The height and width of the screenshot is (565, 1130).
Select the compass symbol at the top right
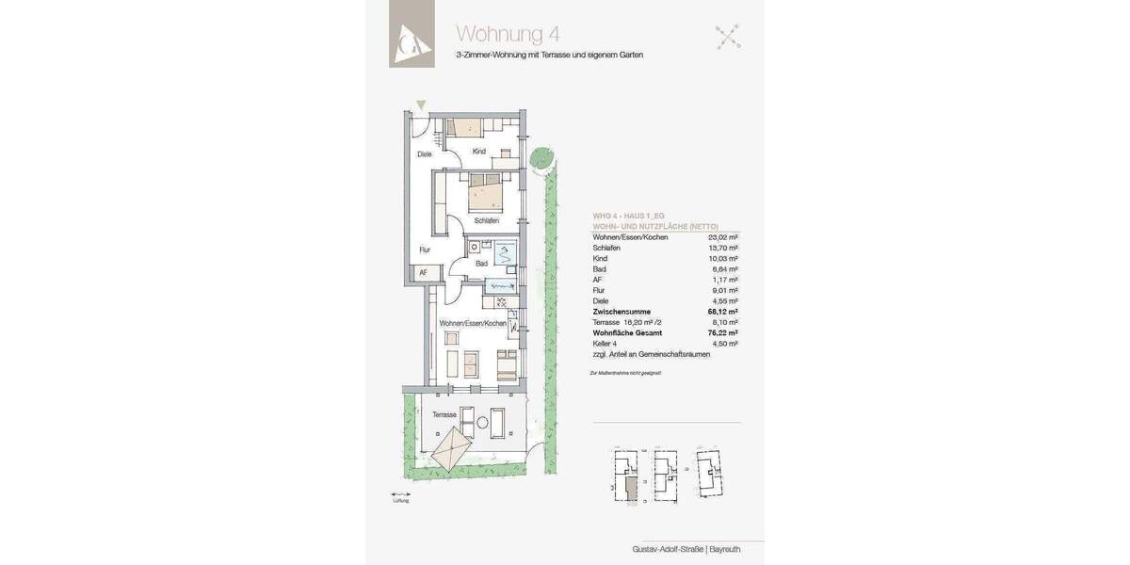point(727,37)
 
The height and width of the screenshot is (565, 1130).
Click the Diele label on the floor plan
point(425,154)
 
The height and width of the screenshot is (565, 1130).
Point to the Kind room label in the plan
point(478,152)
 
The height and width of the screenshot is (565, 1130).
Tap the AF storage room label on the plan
point(424,272)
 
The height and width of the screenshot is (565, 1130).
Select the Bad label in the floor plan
point(481,264)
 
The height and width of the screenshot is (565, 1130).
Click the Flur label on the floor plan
point(425,250)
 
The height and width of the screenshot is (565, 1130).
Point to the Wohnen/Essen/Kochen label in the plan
point(473,323)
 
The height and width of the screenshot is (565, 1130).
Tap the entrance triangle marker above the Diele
point(421,105)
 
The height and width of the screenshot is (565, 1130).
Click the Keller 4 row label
point(605,344)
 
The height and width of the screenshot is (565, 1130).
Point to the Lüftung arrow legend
point(401,495)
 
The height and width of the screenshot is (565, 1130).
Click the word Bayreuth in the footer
point(725,549)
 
